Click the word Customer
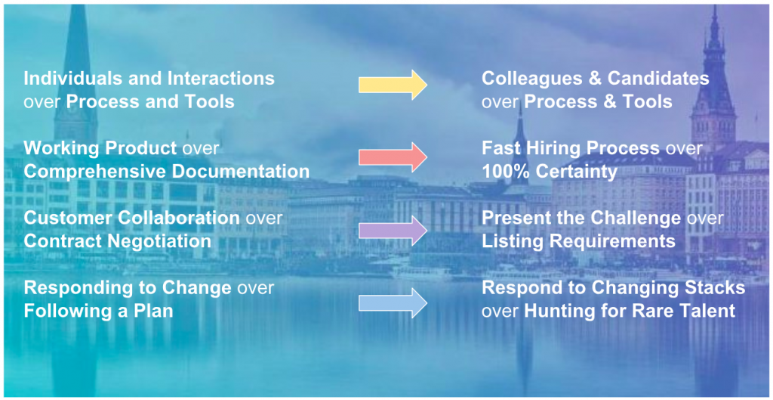[x=67, y=218]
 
